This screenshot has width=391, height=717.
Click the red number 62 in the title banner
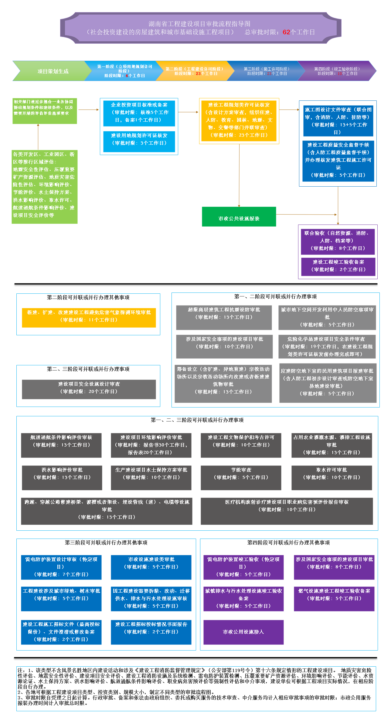(286, 32)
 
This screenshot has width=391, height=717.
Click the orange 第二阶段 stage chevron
(194, 71)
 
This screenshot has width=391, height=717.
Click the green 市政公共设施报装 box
(239, 217)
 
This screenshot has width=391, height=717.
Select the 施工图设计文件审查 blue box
(338, 121)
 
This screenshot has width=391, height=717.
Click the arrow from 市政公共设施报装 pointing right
(306, 215)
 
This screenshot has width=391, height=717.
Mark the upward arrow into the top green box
(38, 137)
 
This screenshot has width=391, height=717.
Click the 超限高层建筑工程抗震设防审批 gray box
(224, 317)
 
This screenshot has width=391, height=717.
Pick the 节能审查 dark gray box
(241, 478)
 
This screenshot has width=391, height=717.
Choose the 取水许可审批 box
(331, 478)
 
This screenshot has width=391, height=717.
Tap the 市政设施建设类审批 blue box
(151, 567)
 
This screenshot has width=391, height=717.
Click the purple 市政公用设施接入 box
(243, 632)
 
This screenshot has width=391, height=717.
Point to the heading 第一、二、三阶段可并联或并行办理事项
(197, 420)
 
